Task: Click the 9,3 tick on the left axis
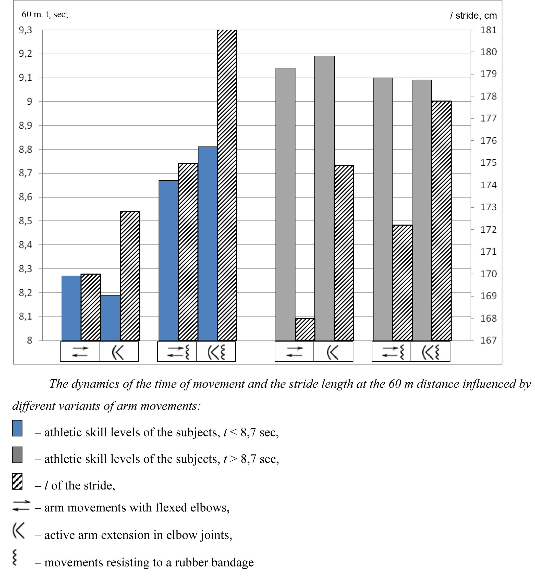pos(26,30)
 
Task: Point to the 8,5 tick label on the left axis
pos(26,221)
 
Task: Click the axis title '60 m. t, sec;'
pos(45,14)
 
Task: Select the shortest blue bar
pos(110,318)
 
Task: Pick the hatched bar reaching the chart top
pos(227,185)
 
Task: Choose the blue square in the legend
pos(17,428)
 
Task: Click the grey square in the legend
pos(17,455)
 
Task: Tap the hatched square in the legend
pos(17,482)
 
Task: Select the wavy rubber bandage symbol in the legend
pos(15,558)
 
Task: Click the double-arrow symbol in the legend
pos(21,506)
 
